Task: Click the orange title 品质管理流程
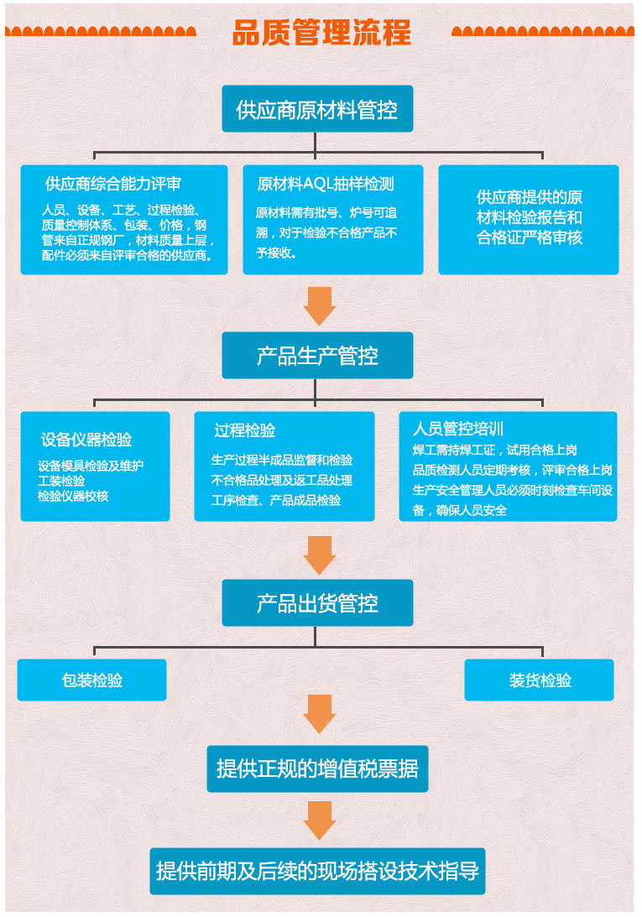[321, 33]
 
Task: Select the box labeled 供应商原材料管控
[317, 109]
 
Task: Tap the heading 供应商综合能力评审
[113, 184]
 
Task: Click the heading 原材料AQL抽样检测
[326, 184]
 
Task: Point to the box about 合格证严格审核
[529, 219]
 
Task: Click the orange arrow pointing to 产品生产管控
[320, 306]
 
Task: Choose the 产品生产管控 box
[317, 356]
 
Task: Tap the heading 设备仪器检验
[86, 439]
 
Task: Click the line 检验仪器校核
[73, 497]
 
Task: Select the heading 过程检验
[244, 430]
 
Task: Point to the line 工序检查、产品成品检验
[276, 501]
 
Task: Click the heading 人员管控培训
[457, 429]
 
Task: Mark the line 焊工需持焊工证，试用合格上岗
[495, 451]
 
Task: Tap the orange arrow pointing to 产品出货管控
[320, 555]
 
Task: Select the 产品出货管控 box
[317, 603]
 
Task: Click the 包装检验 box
[91, 680]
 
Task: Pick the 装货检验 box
[539, 680]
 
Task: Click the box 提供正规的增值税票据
[317, 769]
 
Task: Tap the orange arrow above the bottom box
[320, 821]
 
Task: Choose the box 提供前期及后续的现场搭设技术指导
[317, 872]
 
